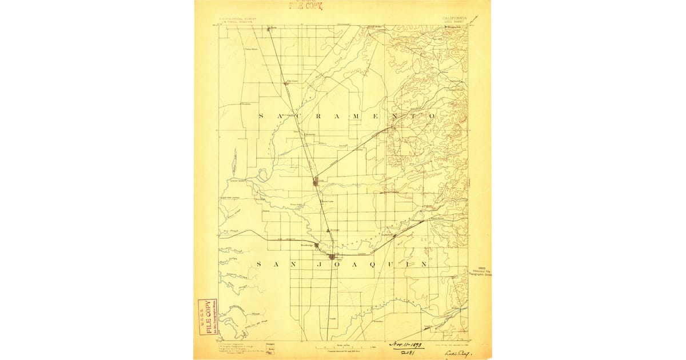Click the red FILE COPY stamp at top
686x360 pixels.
click(x=305, y=6)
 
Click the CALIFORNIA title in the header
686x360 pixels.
click(x=454, y=18)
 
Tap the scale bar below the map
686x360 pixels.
click(x=342, y=347)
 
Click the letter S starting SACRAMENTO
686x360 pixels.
click(x=261, y=116)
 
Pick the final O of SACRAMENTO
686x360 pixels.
click(x=432, y=116)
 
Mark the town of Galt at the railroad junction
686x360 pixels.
click(x=316, y=182)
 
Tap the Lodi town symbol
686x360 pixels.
click(x=331, y=257)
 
